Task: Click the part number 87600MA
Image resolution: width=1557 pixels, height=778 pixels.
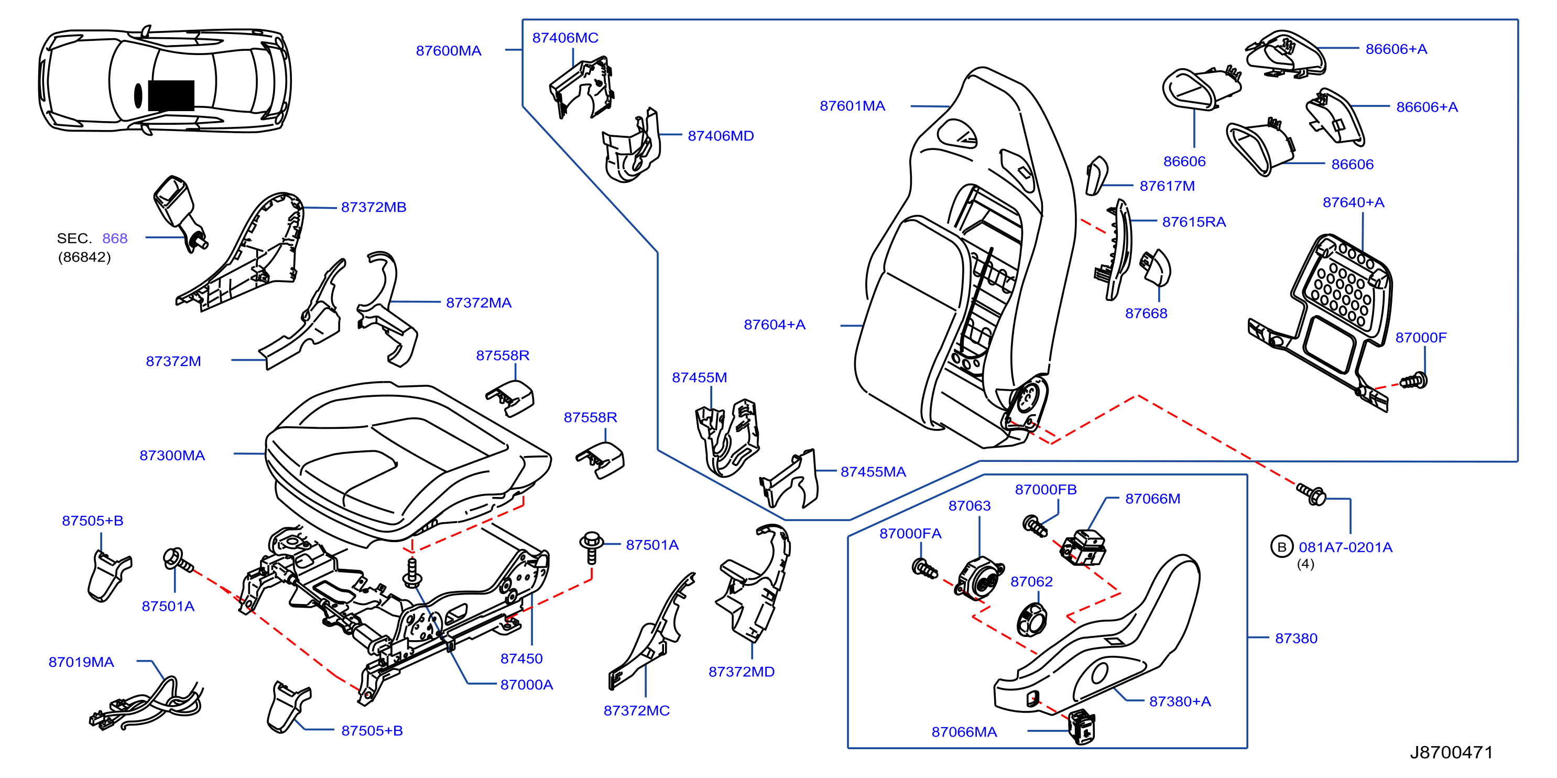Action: [449, 51]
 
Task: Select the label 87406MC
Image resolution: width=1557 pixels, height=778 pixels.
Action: [565, 37]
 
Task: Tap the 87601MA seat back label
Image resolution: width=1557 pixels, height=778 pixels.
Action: [852, 106]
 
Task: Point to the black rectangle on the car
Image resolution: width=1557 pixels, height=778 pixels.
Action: [171, 95]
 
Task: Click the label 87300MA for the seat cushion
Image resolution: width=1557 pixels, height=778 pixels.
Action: [172, 455]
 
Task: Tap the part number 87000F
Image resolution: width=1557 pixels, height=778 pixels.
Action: [1420, 337]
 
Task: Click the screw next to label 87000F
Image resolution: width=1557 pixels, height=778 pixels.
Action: [1414, 381]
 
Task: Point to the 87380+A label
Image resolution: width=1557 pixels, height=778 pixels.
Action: [1180, 701]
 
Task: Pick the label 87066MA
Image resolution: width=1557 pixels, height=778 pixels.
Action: [964, 732]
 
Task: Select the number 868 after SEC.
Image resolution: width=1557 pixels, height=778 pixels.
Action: [115, 238]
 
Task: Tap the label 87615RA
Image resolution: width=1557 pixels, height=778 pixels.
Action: [1194, 222]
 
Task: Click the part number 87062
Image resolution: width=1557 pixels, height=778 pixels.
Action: [1031, 581]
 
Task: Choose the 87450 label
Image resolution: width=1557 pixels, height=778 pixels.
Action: [521, 658]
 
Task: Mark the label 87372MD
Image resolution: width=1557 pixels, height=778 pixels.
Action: [741, 672]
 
